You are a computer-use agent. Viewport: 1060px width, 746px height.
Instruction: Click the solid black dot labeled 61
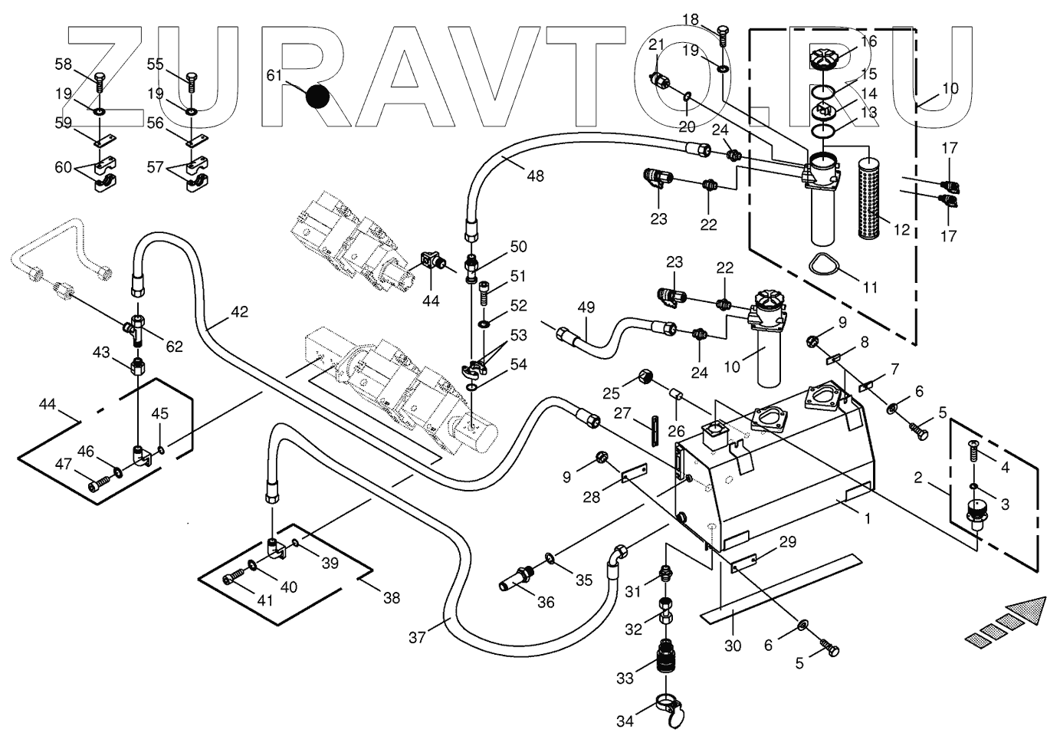[x=317, y=97]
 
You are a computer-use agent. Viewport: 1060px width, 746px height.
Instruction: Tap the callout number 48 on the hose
[x=535, y=176]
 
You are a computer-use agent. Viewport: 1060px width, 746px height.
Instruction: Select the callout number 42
[x=239, y=312]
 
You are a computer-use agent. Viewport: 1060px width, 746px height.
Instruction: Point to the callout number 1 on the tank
[x=867, y=518]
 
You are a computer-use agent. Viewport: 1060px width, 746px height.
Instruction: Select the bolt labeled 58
[x=99, y=81]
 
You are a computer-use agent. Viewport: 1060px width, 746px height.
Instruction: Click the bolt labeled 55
[x=191, y=81]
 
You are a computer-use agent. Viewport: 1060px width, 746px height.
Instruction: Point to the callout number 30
[x=733, y=646]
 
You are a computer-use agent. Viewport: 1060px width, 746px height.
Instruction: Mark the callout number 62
[x=175, y=347]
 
